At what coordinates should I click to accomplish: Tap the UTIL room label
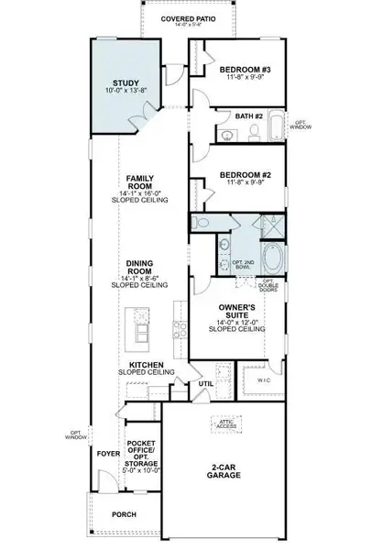[x=207, y=385]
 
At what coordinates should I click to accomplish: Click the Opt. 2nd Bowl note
[x=243, y=265]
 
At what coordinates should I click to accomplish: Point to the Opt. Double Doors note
[x=268, y=285]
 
